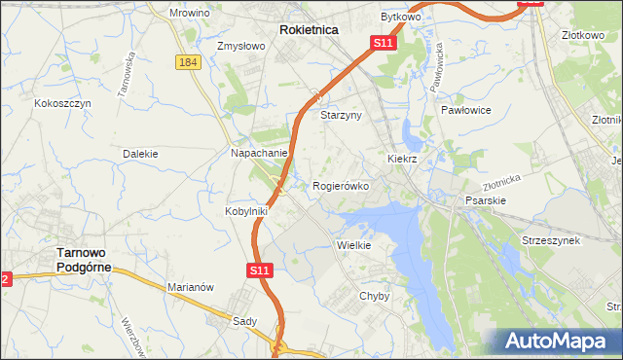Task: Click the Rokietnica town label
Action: [x=309, y=30]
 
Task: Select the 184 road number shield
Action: [x=189, y=62]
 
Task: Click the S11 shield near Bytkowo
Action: [x=383, y=44]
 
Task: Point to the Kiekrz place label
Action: [x=402, y=157]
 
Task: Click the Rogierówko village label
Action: [x=341, y=186]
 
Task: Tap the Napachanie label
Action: [x=258, y=153]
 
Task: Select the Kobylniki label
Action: [x=248, y=210]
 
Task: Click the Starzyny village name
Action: [x=341, y=114]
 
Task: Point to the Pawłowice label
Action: [x=464, y=111]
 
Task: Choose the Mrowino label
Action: [x=190, y=13]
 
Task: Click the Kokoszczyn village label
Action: [x=62, y=102]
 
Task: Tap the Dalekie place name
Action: [x=140, y=154]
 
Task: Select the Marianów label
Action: [x=191, y=287]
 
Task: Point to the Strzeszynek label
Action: [x=551, y=239]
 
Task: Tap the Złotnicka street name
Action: [x=502, y=182]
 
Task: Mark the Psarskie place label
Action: [x=485, y=199]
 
